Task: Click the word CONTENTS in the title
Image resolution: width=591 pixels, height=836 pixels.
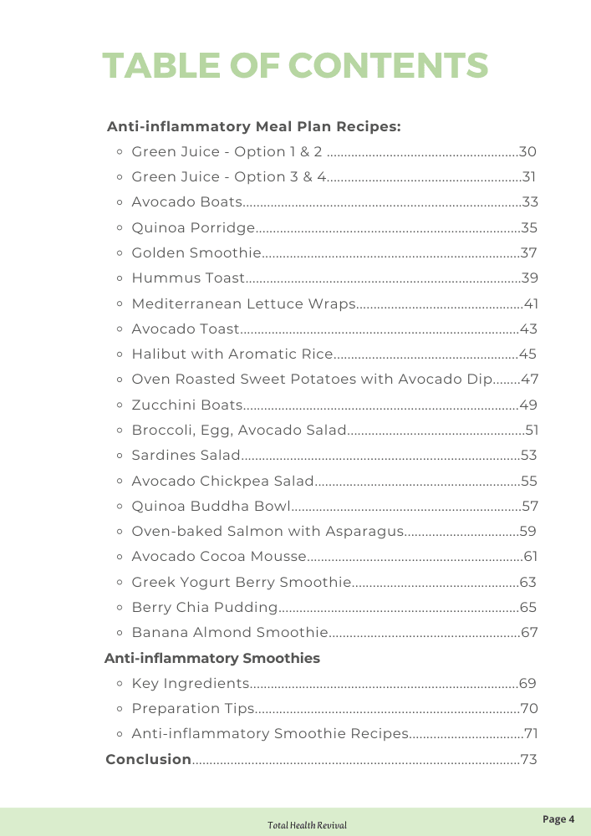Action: (389, 65)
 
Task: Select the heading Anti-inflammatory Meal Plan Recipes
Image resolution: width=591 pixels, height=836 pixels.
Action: (254, 127)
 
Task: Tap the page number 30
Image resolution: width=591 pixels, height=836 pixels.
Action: (527, 152)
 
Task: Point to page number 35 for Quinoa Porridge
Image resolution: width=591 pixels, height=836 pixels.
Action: (529, 228)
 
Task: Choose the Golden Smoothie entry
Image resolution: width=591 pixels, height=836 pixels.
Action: (196, 253)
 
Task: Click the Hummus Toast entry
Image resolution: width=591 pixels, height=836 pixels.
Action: (188, 278)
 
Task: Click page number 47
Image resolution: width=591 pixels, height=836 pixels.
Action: (529, 380)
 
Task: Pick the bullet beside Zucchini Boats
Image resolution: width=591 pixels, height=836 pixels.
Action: (120, 405)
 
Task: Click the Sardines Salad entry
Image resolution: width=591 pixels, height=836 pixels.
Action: (186, 456)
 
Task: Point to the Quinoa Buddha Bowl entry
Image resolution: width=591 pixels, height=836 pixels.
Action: (211, 507)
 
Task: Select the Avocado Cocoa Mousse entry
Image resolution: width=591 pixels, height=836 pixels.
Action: (219, 557)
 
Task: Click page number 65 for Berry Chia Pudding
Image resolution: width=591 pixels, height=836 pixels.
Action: (528, 608)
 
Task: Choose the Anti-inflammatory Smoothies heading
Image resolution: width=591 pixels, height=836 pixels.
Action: (212, 659)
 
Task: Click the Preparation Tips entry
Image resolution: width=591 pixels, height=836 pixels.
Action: (193, 709)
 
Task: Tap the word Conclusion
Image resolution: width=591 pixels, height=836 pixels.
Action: (149, 760)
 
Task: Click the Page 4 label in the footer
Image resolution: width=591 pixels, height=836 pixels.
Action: (559, 819)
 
